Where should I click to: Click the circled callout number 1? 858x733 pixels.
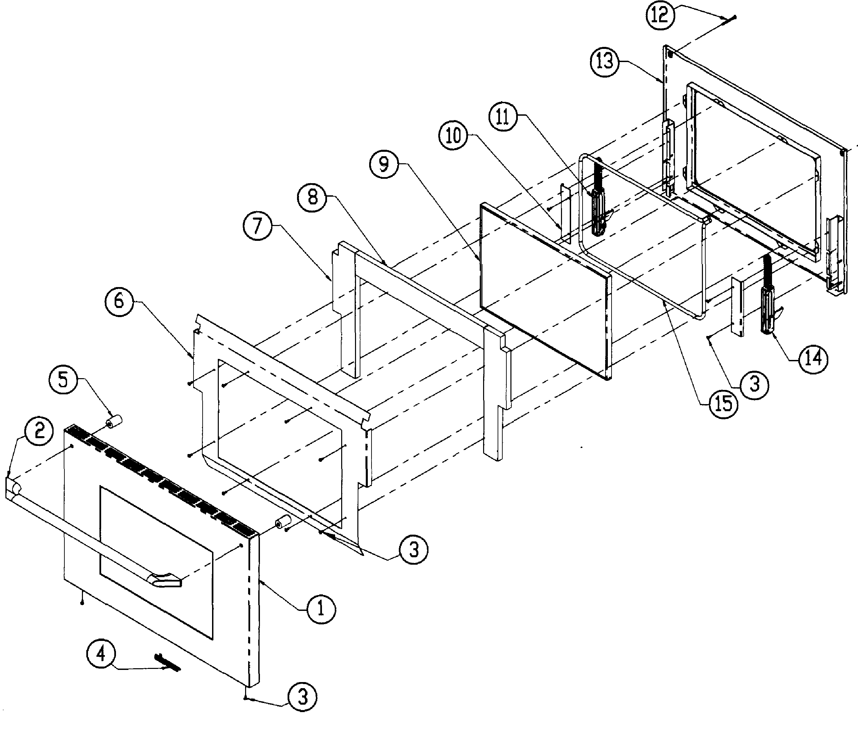coord(321,609)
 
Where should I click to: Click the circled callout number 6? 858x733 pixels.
coord(119,301)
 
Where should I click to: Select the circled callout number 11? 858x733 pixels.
coord(502,116)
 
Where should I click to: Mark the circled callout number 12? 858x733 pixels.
coord(660,15)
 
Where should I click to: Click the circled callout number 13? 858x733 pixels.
coord(604,62)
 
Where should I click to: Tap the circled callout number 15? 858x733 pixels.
coord(723,403)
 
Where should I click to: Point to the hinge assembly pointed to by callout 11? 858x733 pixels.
coord(597,207)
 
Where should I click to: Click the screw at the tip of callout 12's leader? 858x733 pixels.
coord(732,18)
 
